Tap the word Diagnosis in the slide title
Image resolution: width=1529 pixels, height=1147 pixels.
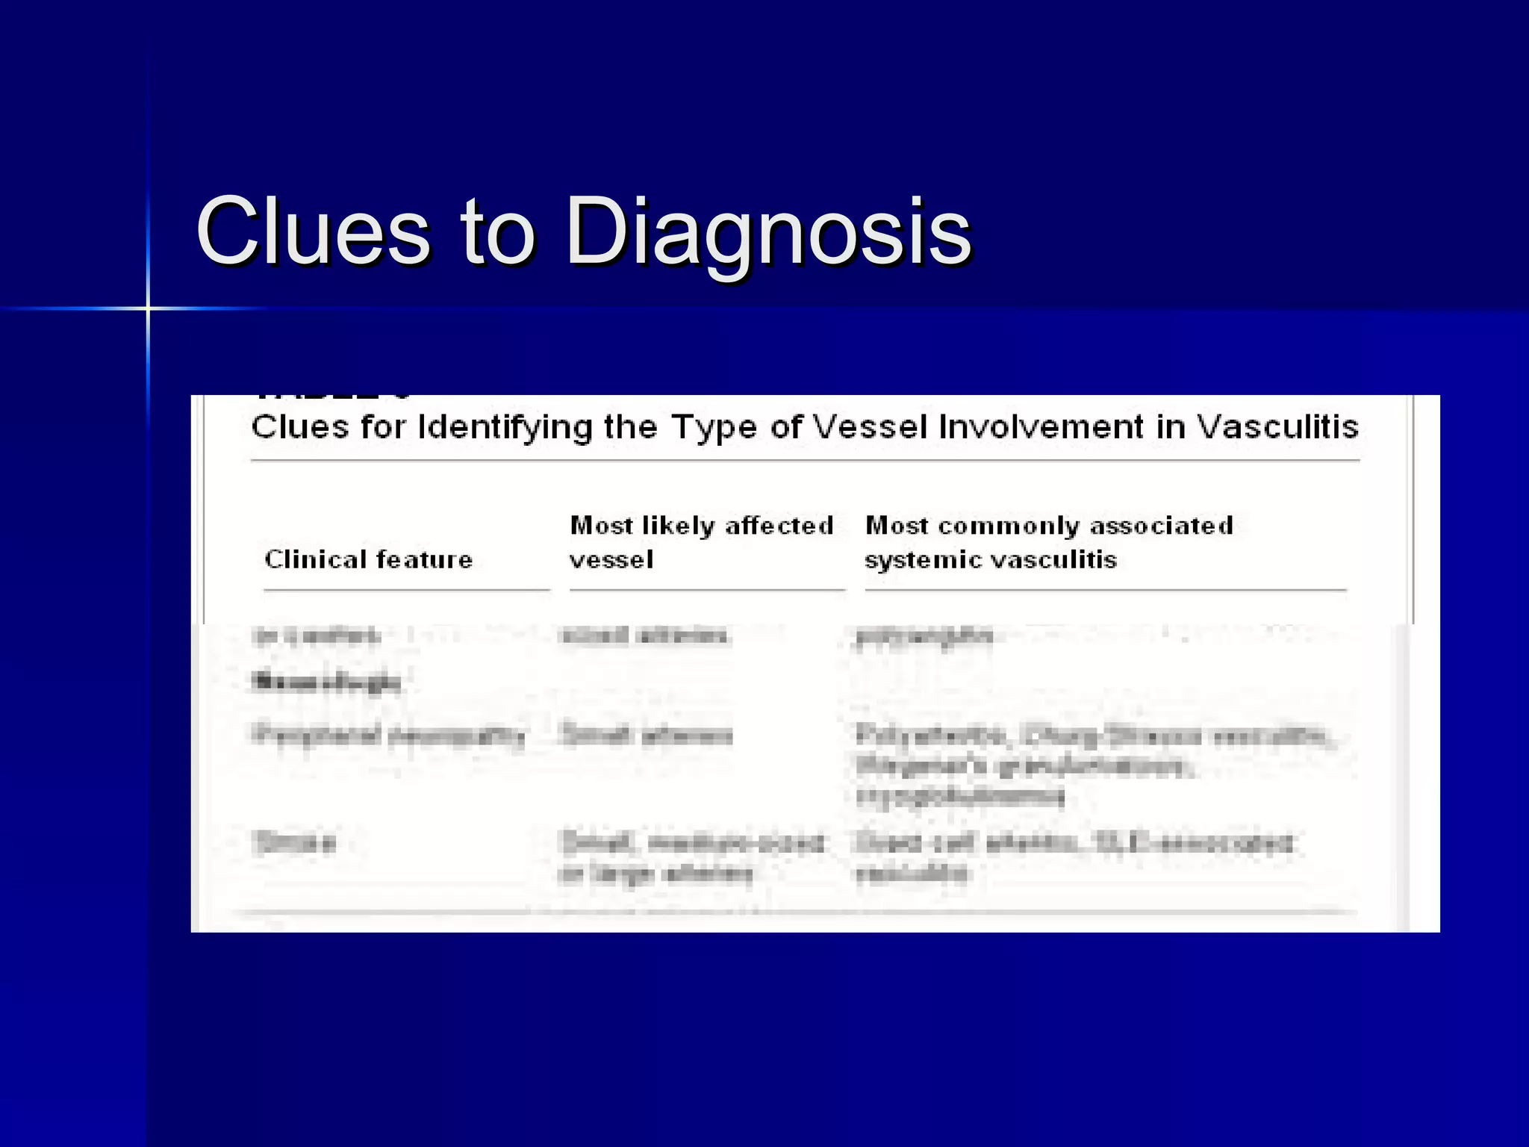(x=768, y=233)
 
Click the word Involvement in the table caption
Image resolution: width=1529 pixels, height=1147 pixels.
(x=1041, y=426)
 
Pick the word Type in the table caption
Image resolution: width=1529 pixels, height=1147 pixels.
(x=715, y=428)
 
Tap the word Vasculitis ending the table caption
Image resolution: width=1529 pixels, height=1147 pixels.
(x=1277, y=426)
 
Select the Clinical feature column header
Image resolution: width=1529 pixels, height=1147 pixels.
(x=369, y=559)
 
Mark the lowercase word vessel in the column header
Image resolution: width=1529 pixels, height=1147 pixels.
(x=611, y=559)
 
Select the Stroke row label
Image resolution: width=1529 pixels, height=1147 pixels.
(x=295, y=843)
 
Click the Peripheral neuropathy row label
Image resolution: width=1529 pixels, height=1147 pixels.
(x=389, y=735)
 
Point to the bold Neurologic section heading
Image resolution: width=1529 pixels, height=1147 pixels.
(x=327, y=681)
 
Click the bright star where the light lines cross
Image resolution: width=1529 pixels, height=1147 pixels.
(x=148, y=308)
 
